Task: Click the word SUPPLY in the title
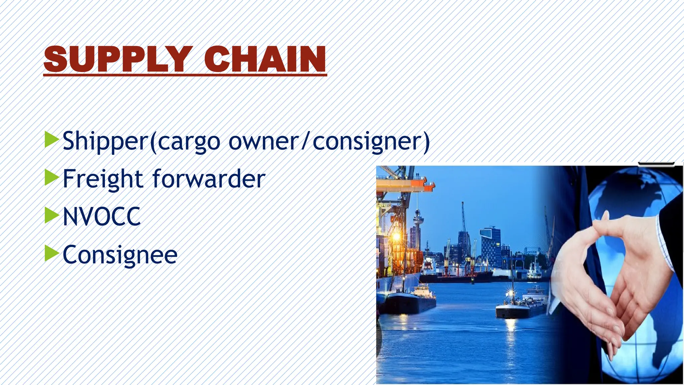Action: point(118,59)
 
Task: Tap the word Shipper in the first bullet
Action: point(105,141)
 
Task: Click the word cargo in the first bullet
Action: point(189,142)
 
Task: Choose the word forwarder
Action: point(209,179)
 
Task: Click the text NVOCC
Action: point(102,217)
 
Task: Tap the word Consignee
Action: point(120,255)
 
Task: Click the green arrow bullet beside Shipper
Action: point(51,139)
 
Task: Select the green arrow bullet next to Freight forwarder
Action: point(51,177)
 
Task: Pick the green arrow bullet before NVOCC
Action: point(51,215)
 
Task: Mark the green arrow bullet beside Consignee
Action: point(51,253)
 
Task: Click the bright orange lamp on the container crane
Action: point(396,237)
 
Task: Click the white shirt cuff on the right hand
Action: point(665,241)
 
